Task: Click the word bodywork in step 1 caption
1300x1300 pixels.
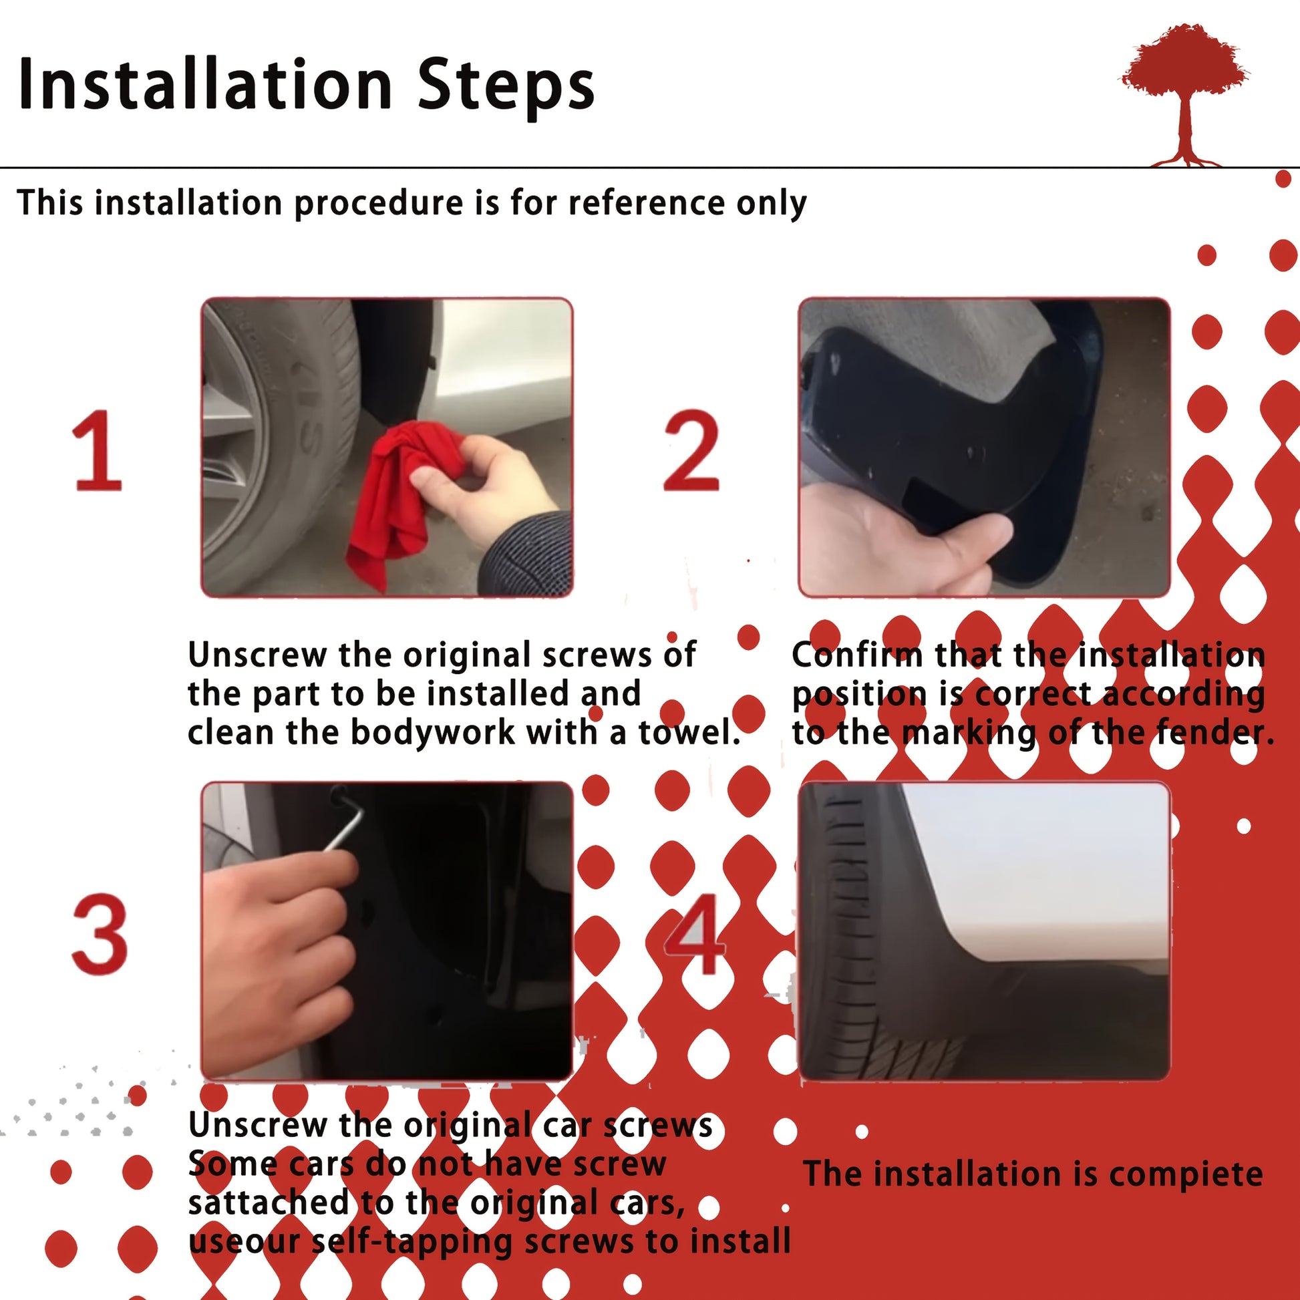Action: click(x=434, y=732)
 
